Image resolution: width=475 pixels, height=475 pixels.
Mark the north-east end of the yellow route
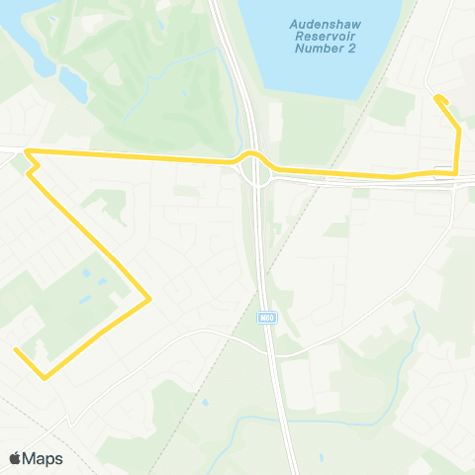(x=435, y=96)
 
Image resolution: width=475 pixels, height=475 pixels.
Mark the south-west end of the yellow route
(x=16, y=349)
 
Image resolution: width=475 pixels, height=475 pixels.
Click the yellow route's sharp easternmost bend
(x=148, y=298)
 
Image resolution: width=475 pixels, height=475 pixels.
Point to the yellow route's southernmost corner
(x=44, y=377)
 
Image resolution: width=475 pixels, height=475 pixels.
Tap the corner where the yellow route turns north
(x=455, y=173)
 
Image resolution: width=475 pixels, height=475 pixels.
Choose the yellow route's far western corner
(x=27, y=151)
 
